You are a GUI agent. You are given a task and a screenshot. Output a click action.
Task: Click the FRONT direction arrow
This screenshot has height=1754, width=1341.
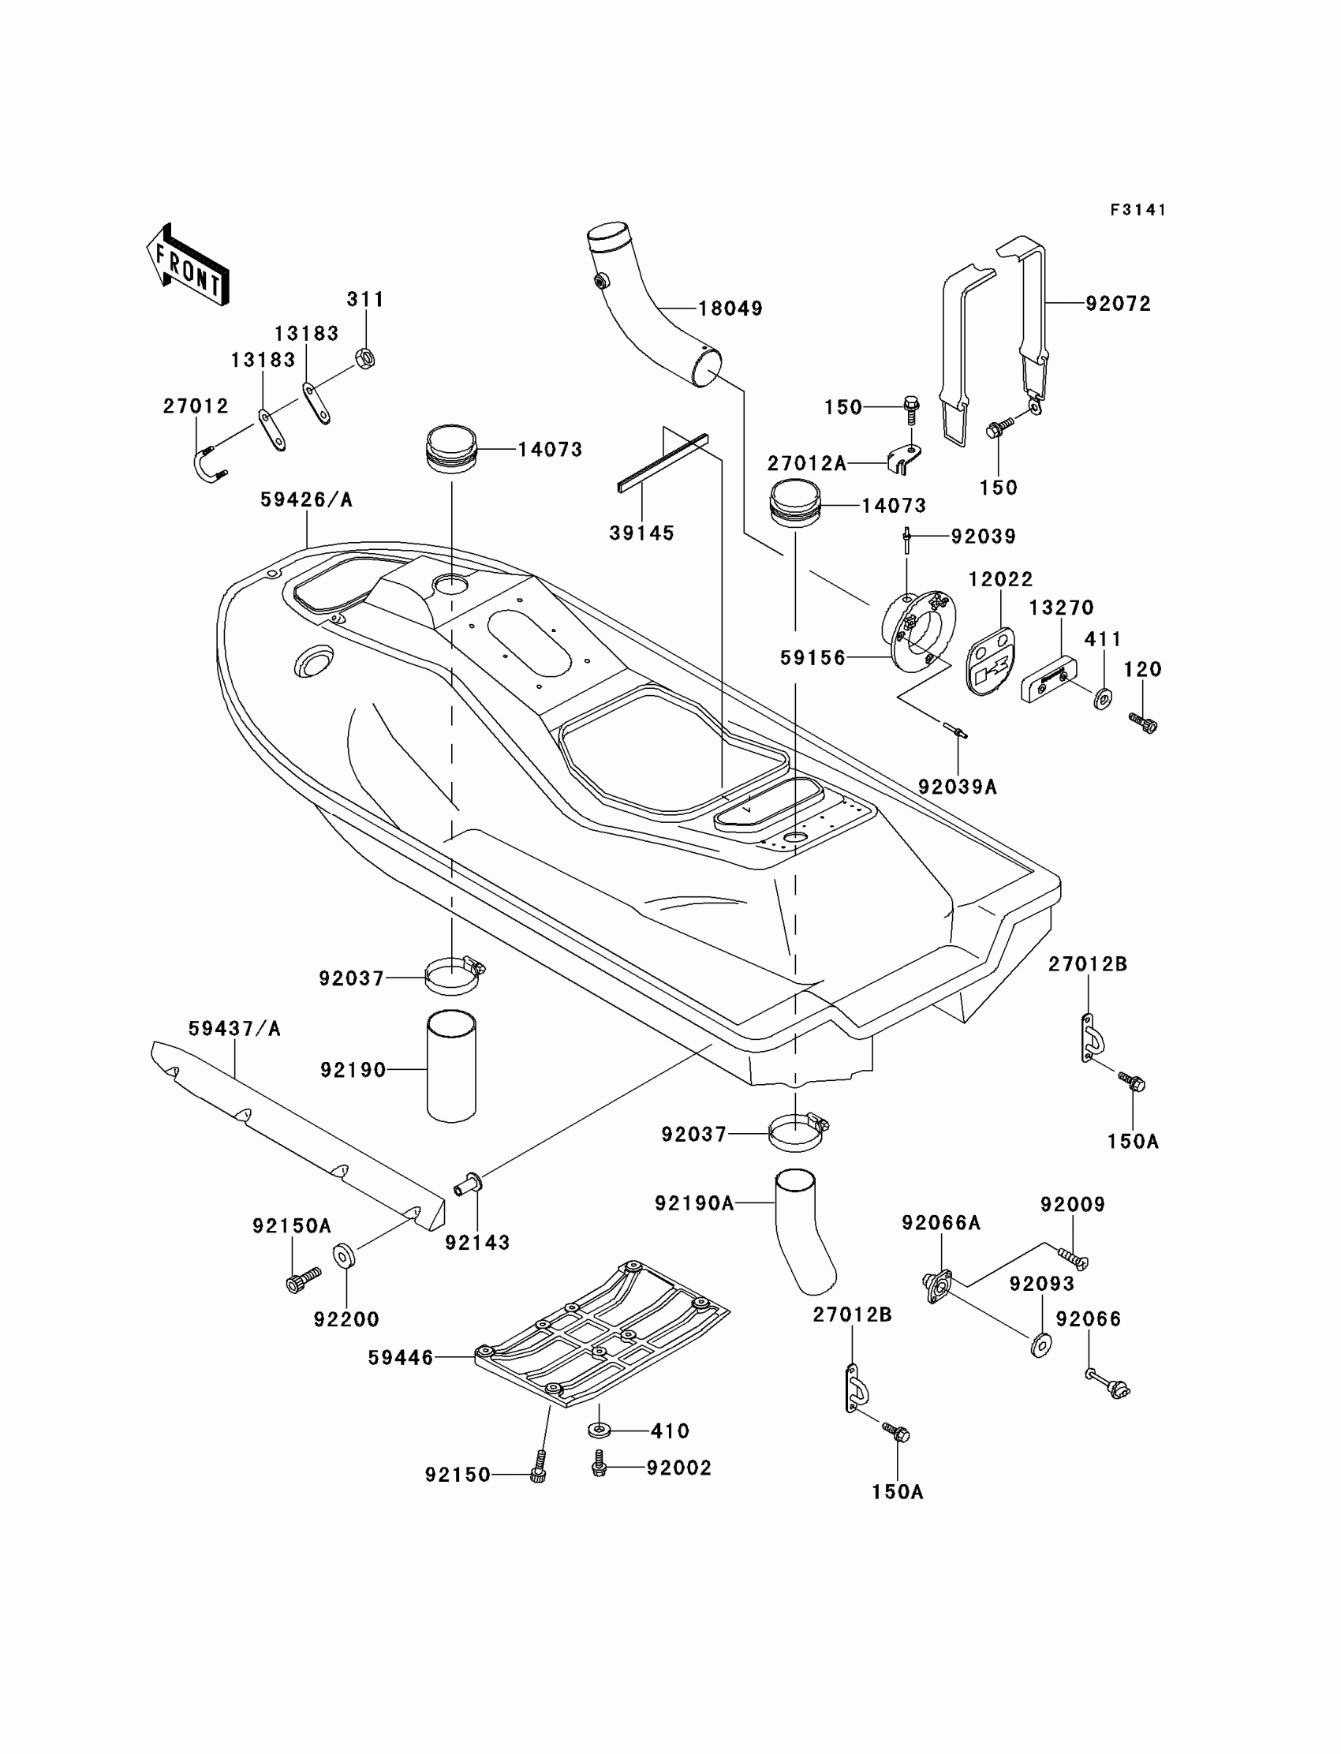[189, 264]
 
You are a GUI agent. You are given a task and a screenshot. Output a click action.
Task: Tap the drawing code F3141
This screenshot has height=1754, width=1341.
[1138, 210]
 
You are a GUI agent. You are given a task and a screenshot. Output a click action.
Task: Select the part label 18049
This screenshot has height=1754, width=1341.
[730, 309]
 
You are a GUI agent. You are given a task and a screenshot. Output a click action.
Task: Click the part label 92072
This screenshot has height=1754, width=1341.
[1119, 305]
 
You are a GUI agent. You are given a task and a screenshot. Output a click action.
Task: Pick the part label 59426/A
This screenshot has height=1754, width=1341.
[307, 499]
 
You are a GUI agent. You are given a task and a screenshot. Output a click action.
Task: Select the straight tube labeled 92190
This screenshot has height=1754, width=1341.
[452, 1067]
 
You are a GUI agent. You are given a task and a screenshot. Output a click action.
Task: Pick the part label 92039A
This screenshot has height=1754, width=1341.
[957, 787]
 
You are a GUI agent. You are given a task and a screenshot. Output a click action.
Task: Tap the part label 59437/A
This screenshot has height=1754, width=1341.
[235, 1029]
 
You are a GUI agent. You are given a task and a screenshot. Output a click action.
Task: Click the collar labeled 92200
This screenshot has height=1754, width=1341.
[344, 1255]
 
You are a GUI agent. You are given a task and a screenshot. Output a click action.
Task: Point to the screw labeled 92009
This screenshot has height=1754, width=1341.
[1074, 1259]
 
